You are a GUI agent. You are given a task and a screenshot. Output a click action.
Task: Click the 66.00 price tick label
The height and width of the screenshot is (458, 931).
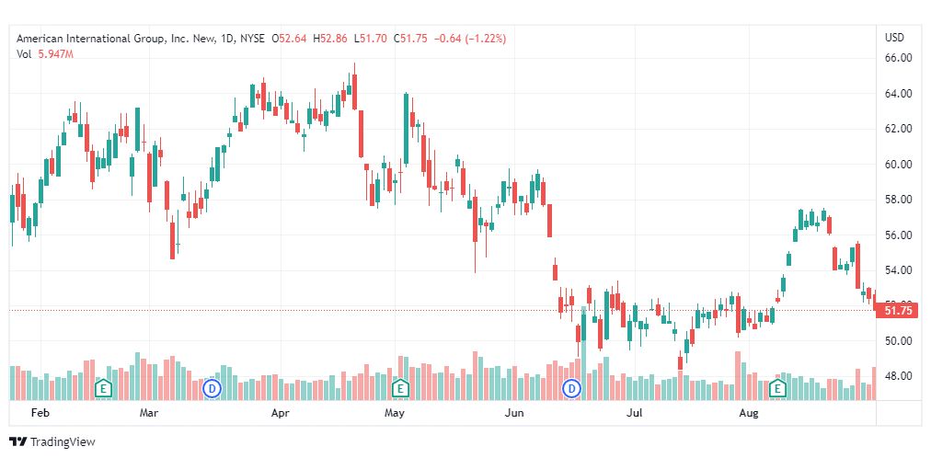(x=897, y=57)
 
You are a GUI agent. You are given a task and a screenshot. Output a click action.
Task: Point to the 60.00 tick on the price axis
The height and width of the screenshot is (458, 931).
(x=897, y=165)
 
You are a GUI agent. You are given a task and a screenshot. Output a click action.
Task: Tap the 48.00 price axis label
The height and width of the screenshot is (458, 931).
(x=897, y=376)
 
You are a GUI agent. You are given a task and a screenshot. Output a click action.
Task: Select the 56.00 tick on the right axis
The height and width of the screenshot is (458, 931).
(x=897, y=235)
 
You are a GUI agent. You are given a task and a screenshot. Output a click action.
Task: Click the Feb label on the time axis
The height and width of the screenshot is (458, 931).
(x=40, y=414)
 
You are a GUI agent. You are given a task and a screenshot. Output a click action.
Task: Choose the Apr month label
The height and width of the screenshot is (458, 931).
(x=281, y=414)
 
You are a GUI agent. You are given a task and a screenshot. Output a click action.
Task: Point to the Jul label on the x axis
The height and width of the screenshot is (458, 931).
(x=634, y=414)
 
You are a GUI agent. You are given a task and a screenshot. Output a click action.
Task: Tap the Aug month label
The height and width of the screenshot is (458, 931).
(x=750, y=414)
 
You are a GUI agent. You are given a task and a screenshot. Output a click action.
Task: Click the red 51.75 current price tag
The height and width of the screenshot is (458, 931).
(x=897, y=311)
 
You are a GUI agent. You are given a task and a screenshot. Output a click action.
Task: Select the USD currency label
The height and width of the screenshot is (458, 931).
(x=894, y=38)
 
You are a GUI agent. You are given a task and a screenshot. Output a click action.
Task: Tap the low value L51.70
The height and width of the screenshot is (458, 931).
(x=373, y=39)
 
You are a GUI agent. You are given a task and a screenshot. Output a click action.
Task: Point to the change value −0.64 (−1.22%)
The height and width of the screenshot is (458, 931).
(x=472, y=39)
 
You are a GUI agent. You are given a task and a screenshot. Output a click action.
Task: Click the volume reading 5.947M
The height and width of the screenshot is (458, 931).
(x=56, y=55)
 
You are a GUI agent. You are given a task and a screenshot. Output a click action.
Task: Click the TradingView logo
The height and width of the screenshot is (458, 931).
(x=52, y=442)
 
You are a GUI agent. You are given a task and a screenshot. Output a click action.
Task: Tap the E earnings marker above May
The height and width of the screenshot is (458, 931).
(x=399, y=388)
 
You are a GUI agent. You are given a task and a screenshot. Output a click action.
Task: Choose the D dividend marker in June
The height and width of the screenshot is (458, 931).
(x=571, y=388)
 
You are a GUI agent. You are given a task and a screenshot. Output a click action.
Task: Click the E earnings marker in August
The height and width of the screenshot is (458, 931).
(x=777, y=388)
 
